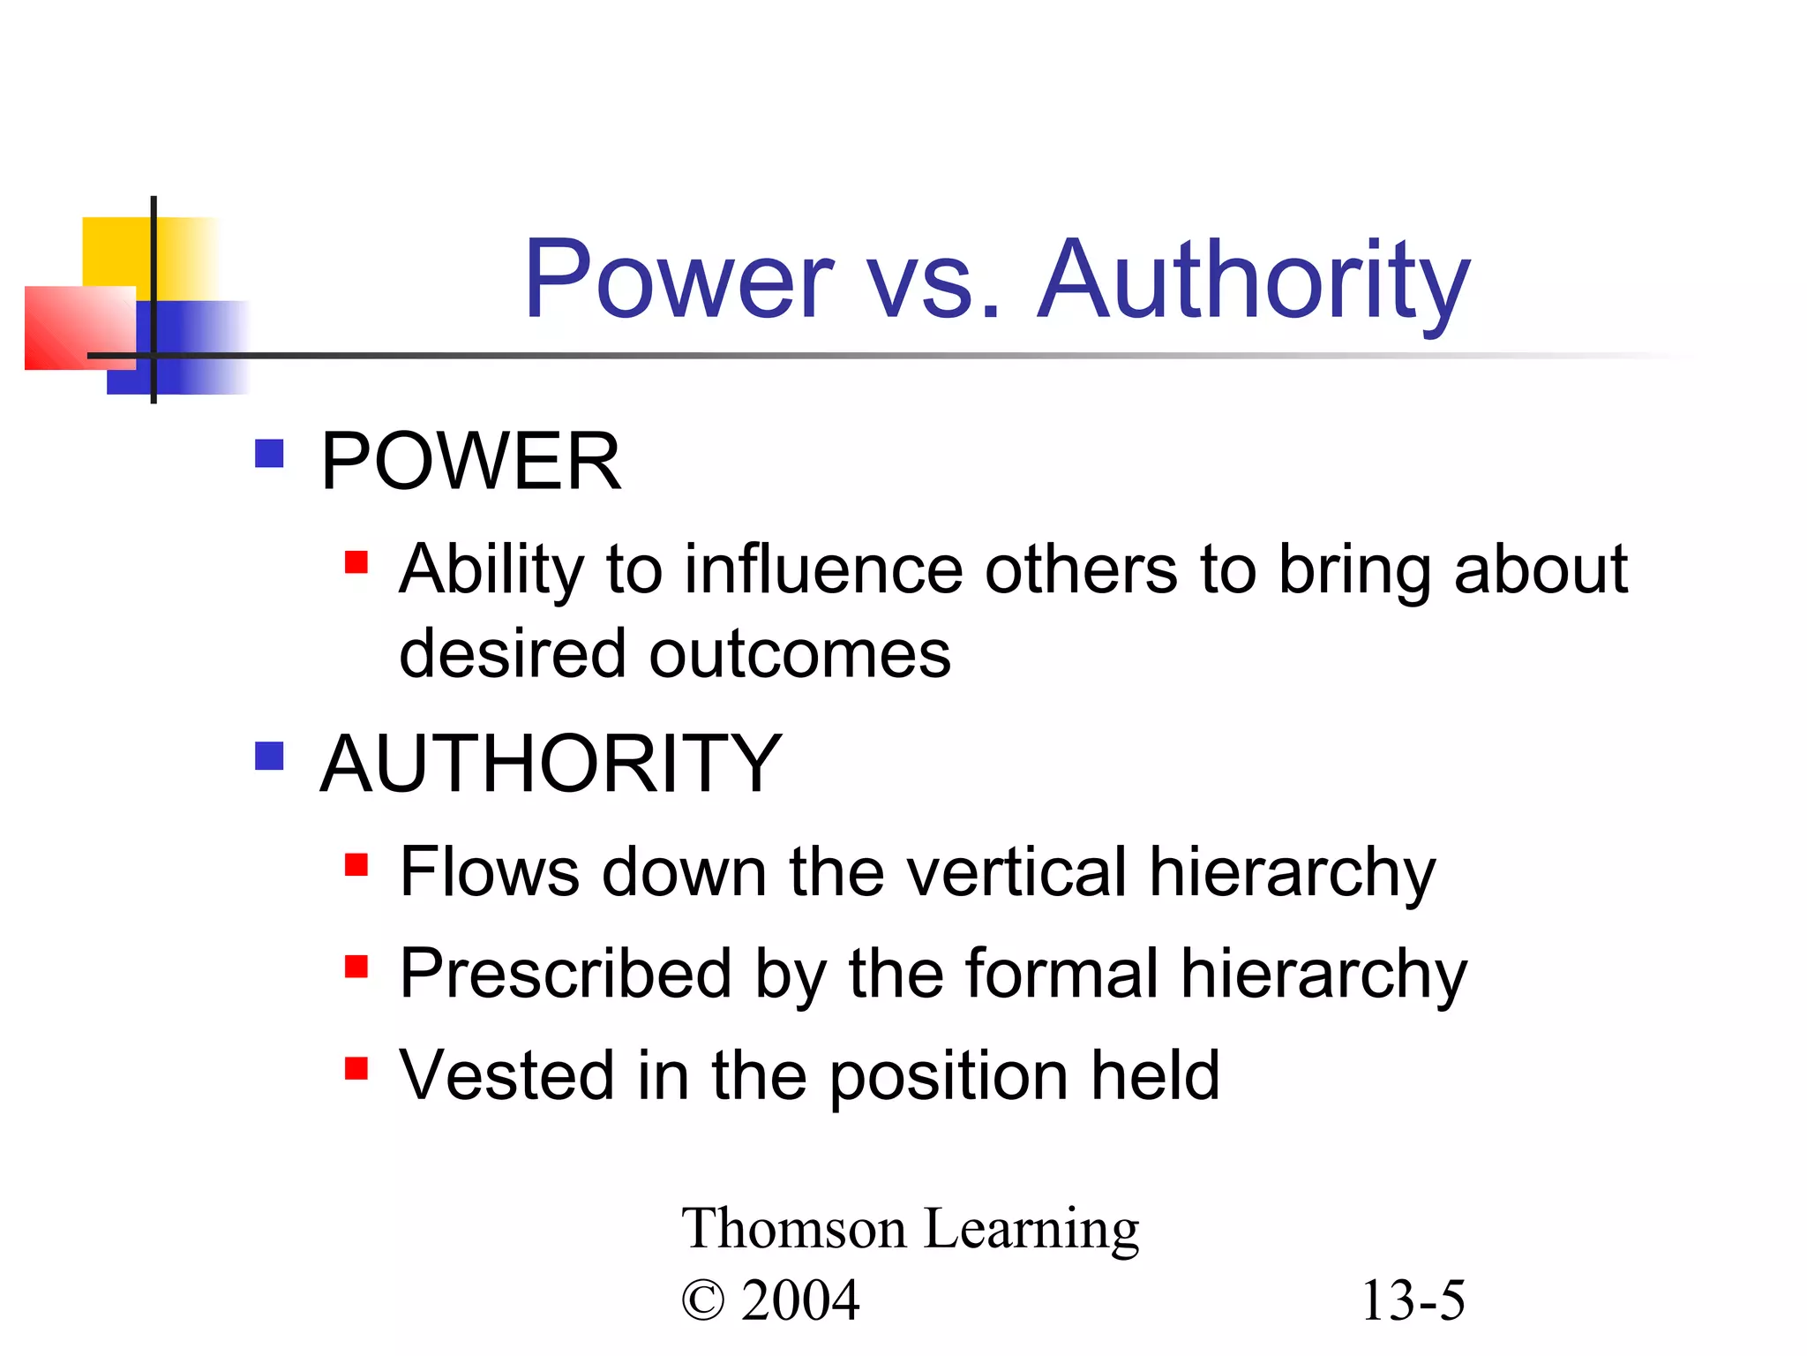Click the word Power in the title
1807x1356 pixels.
point(678,280)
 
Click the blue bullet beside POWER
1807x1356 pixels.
point(269,454)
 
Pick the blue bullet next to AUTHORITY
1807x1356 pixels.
point(269,757)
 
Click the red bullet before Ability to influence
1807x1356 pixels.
point(356,562)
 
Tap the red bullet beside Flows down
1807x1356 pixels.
point(356,864)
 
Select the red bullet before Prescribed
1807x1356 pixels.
point(356,967)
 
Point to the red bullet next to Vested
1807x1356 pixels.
point(356,1068)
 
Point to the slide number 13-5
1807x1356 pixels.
point(1413,1299)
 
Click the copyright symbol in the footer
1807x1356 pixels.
point(702,1301)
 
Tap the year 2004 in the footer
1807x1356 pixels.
point(800,1299)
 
